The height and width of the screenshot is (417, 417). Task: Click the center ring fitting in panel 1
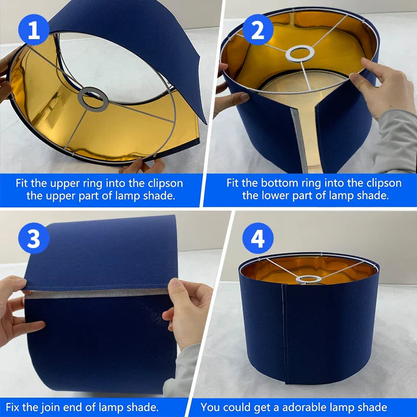point(93,99)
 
